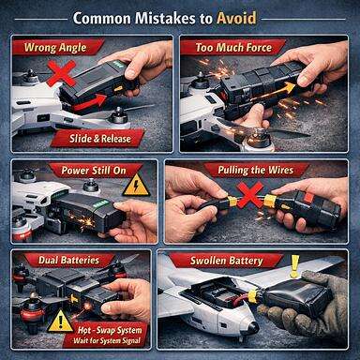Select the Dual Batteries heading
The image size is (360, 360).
tap(61, 260)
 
